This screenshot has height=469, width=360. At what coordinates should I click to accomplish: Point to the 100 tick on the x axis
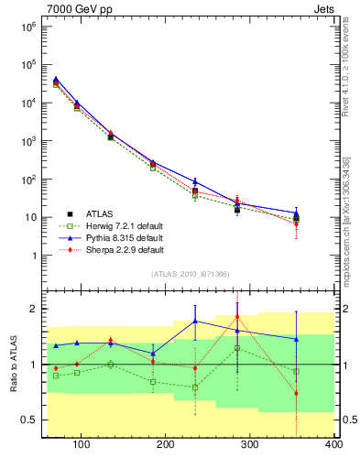coord(82,445)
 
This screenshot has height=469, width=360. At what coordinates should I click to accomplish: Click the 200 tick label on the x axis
coord(166,445)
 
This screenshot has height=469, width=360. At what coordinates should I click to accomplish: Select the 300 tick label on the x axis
coord(250,445)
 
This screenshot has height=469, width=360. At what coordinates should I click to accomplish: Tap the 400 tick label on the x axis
coord(333,445)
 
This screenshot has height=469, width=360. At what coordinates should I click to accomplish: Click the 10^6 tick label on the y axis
coord(27,27)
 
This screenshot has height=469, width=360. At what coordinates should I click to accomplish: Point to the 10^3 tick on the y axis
coord(27,141)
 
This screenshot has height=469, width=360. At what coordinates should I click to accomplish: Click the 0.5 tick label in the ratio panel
coord(27,420)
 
